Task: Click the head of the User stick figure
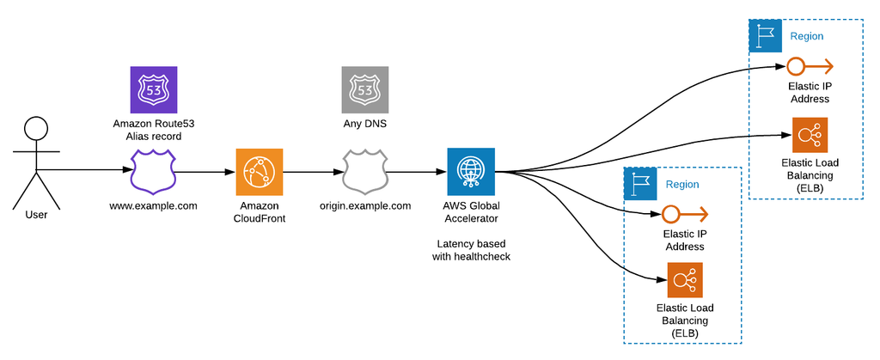35,129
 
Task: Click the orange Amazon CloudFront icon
259,172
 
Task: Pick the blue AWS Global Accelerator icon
471,172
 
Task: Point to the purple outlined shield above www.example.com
153,172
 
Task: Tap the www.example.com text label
153,206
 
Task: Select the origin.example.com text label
364,206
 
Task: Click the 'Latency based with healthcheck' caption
471,250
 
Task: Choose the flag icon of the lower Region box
639,183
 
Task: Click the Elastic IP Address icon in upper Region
809,67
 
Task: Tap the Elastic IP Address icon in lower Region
684,214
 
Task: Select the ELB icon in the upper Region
809,135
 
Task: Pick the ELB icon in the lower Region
684,280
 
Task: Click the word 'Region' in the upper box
806,36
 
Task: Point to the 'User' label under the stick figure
35,215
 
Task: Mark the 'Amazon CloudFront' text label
259,212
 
